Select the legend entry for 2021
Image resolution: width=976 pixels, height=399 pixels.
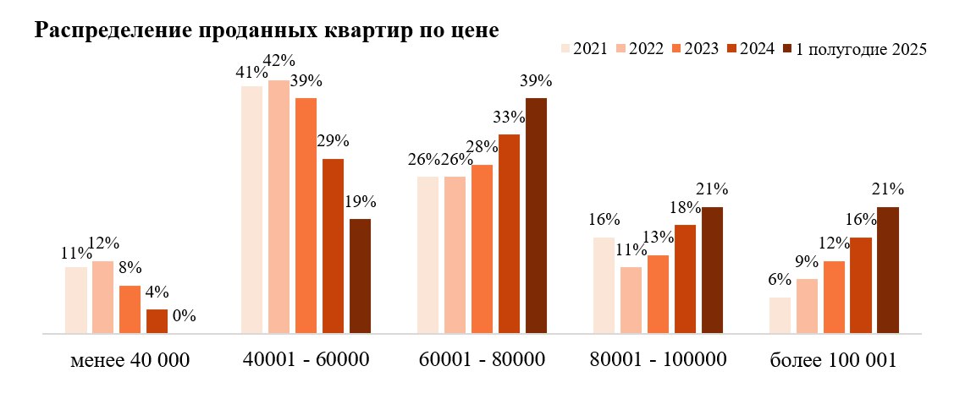584,49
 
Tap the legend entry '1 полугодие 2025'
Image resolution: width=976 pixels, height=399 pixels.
855,49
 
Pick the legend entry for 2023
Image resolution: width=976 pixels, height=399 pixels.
696,49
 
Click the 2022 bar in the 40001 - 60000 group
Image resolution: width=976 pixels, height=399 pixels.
278,207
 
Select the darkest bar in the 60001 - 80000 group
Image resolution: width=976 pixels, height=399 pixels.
536,216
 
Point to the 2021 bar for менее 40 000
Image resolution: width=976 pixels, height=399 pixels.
75,300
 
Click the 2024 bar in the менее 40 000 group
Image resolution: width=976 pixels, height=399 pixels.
157,321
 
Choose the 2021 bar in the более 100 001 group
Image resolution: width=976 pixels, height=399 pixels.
780,315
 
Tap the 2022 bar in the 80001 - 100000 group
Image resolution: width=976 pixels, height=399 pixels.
631,300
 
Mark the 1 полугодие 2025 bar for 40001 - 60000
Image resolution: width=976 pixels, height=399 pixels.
360,276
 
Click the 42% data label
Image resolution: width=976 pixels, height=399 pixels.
278,61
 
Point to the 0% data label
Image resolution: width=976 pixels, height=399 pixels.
183,316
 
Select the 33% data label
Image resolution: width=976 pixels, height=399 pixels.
509,116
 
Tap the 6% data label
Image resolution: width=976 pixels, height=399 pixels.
780,280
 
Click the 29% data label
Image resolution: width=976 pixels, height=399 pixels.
333,140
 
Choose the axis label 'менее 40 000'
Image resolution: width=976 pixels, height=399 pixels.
130,361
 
